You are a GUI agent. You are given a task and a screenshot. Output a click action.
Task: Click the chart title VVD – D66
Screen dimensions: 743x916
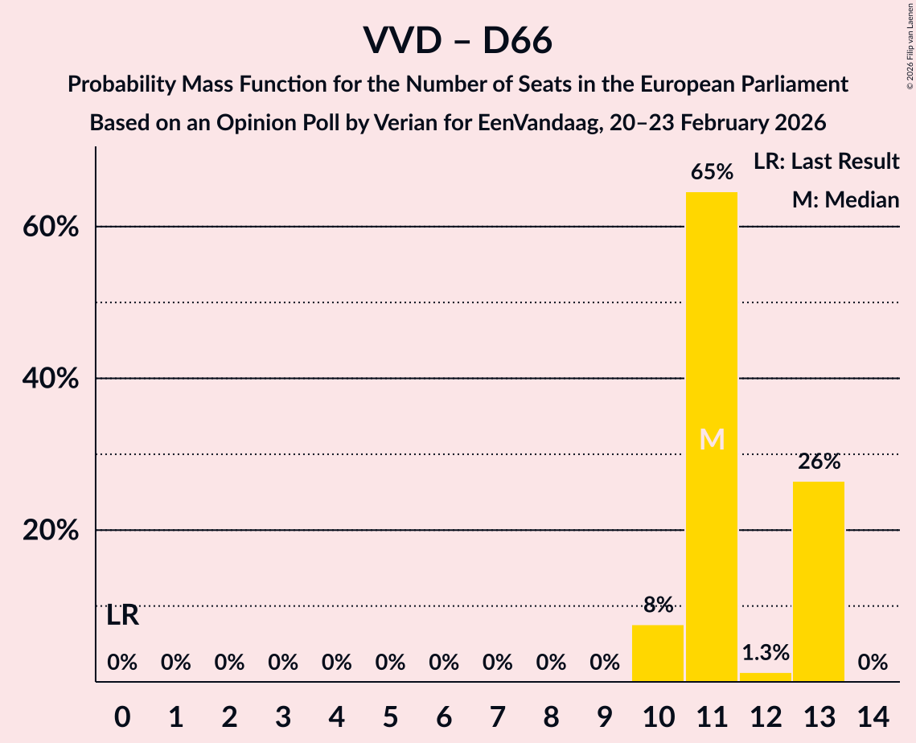pos(458,40)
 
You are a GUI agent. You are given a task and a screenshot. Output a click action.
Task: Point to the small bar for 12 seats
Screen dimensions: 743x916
pos(765,677)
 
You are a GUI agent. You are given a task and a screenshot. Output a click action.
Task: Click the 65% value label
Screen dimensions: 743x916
pos(712,172)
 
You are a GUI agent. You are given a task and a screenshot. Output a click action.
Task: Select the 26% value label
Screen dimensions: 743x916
pos(819,462)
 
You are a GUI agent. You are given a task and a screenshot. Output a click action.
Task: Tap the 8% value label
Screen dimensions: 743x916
pos(658,605)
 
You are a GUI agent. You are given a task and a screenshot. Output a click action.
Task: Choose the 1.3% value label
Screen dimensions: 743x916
pos(765,652)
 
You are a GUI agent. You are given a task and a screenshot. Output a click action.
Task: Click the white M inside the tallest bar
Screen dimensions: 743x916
pos(712,439)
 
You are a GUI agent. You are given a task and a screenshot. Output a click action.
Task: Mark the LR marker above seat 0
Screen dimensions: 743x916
pos(122,616)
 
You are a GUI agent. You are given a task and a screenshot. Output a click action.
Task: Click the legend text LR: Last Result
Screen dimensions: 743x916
pos(826,162)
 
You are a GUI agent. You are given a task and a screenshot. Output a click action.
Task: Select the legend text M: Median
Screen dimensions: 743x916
pos(845,199)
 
